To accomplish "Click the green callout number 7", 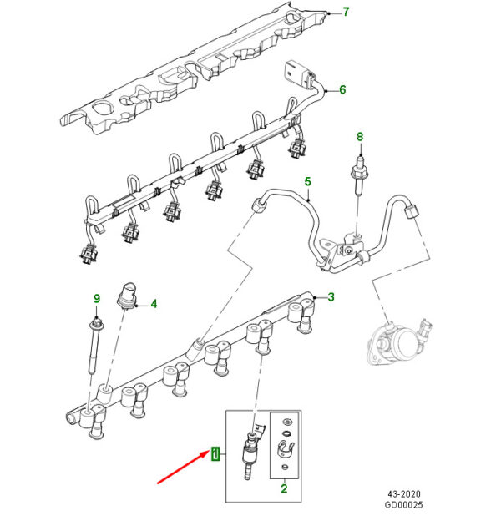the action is pos(346,13).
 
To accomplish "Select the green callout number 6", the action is pos(342,89).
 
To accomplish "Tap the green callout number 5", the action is pos(307,182).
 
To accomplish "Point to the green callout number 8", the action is pos(360,137).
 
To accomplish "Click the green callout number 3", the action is pos(331,297).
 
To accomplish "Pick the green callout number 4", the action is pos(154,304).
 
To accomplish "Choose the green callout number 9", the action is pos(97,299).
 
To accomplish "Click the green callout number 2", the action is pos(284,488).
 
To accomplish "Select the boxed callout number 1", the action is pos(215,454).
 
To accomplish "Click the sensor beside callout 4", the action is pos(127,296).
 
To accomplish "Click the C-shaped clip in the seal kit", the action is pos(286,448).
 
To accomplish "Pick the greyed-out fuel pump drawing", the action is pos(398,341).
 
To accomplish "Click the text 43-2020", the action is pos(404,494).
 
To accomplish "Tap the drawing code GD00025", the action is pos(403,504).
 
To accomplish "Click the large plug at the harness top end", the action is pos(296,73).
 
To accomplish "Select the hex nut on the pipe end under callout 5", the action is pos(260,205).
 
